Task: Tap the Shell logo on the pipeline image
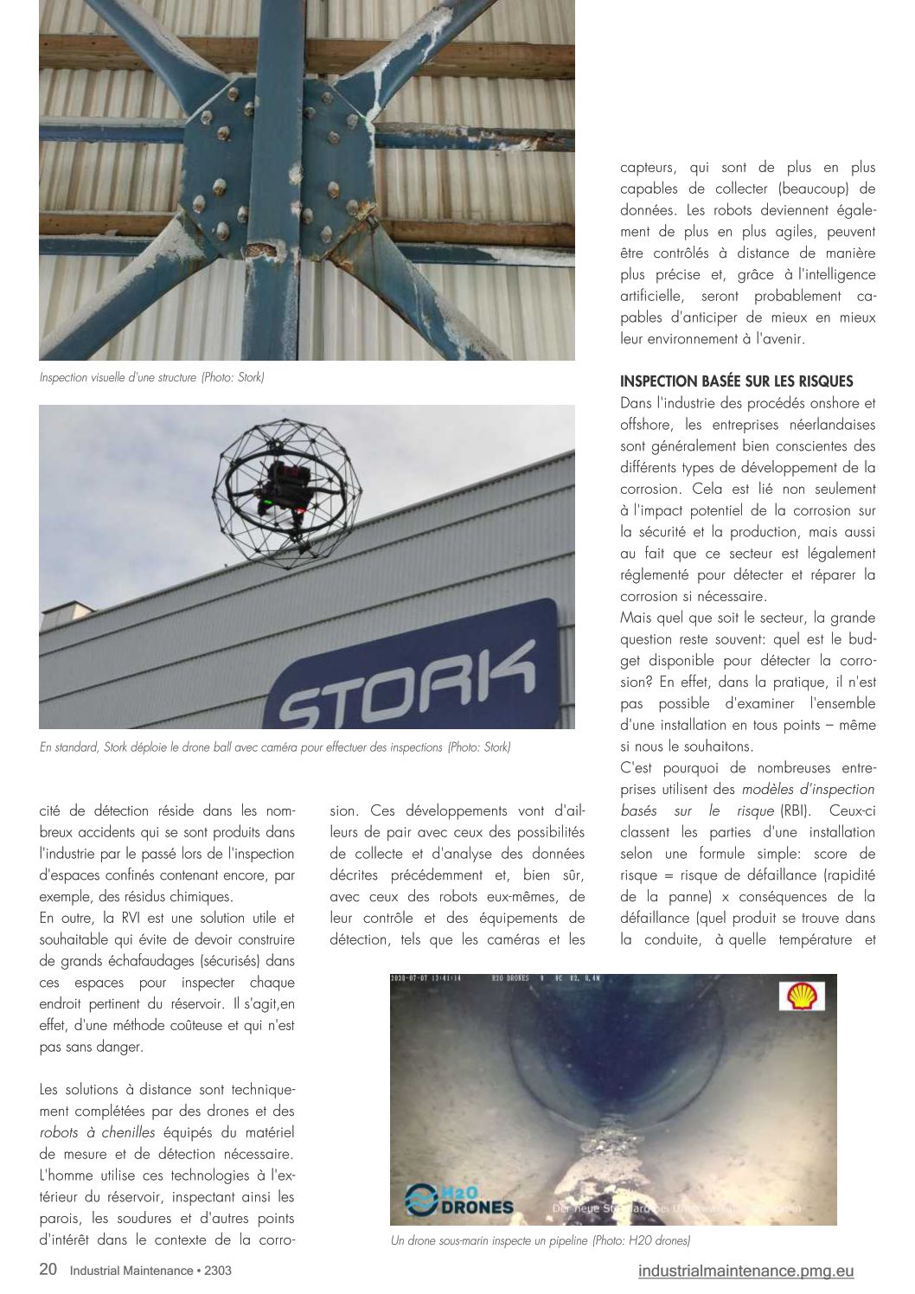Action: (x=804, y=996)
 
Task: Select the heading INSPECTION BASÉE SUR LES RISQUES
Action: (x=736, y=381)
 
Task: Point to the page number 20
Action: (x=48, y=1270)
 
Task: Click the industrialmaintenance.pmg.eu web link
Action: (x=745, y=1271)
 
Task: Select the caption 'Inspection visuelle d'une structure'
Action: (x=151, y=377)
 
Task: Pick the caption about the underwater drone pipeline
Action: (x=541, y=1240)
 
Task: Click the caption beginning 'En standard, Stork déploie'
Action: (x=275, y=746)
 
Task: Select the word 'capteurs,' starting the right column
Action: (x=649, y=168)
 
